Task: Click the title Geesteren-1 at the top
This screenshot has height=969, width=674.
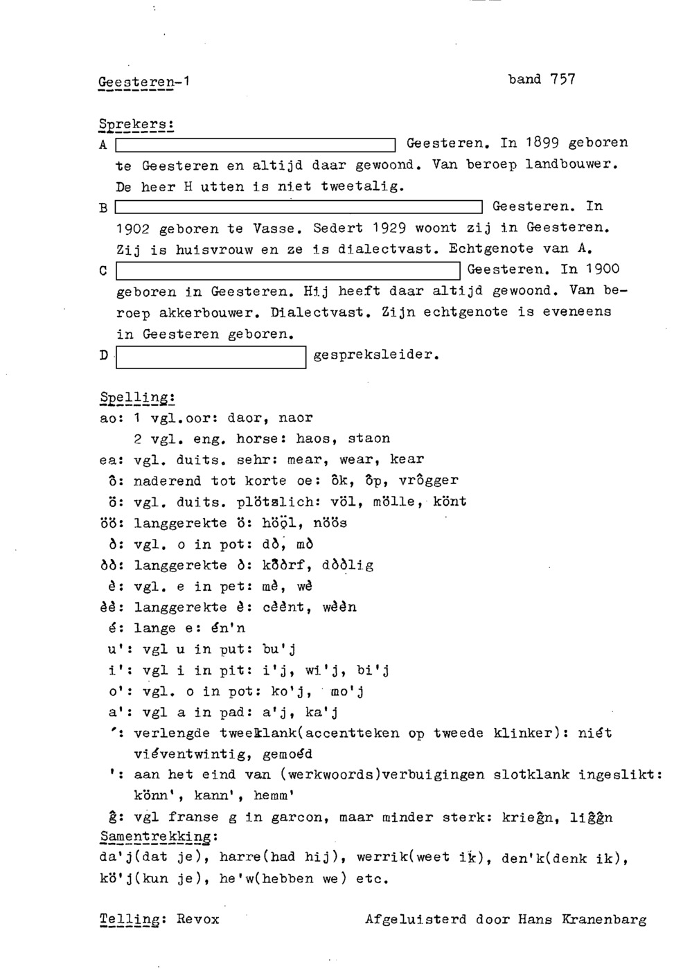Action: pos(143,82)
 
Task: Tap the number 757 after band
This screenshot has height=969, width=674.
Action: pos(562,79)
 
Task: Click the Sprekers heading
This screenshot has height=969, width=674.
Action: pos(136,125)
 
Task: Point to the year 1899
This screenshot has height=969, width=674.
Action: pos(541,143)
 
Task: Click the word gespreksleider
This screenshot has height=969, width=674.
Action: pos(375,355)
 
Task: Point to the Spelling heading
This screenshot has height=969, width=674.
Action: pos(136,398)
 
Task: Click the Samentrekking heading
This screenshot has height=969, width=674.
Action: pos(159,837)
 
